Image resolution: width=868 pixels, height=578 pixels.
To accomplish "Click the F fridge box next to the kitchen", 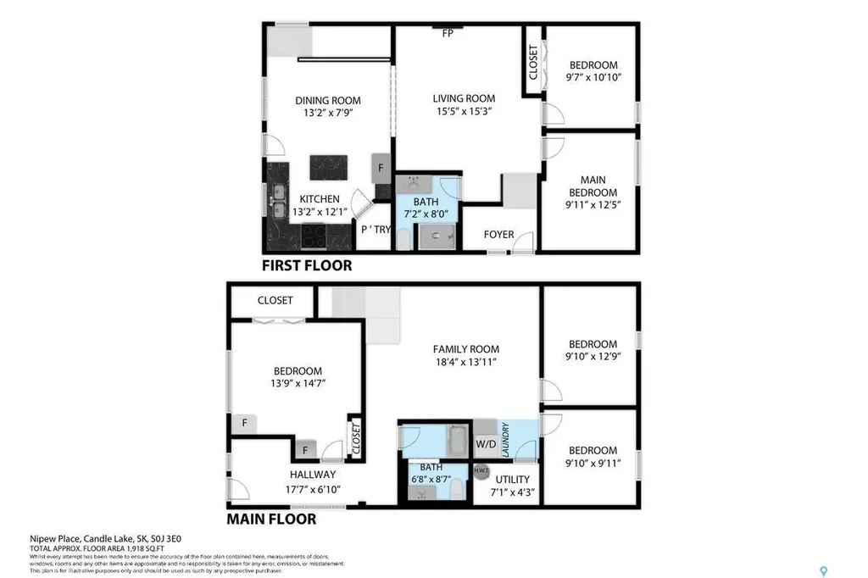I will [381, 167].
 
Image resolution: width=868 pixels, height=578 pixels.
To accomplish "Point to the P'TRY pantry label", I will [376, 229].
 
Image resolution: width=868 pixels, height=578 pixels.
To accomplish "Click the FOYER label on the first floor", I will [498, 234].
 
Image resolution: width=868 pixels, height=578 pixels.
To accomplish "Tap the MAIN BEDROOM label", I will [593, 186].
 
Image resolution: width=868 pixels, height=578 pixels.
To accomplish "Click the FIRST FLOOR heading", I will [306, 265].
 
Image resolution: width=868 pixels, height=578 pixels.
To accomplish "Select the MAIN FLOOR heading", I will [271, 519].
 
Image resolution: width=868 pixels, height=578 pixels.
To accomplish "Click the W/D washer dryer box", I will [486, 443].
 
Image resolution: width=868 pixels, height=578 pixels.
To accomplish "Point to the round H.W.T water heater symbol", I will [481, 471].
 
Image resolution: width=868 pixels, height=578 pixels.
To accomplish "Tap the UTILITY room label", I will [512, 479].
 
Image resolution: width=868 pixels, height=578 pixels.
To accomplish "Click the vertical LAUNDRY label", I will [504, 440].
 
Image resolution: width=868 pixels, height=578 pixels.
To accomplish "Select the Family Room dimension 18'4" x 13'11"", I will [465, 362].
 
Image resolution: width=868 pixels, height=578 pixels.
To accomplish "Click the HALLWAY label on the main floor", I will [312, 475].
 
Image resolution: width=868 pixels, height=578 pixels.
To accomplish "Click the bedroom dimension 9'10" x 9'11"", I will [593, 464].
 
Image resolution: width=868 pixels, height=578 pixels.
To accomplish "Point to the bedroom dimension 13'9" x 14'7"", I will [298, 384].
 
